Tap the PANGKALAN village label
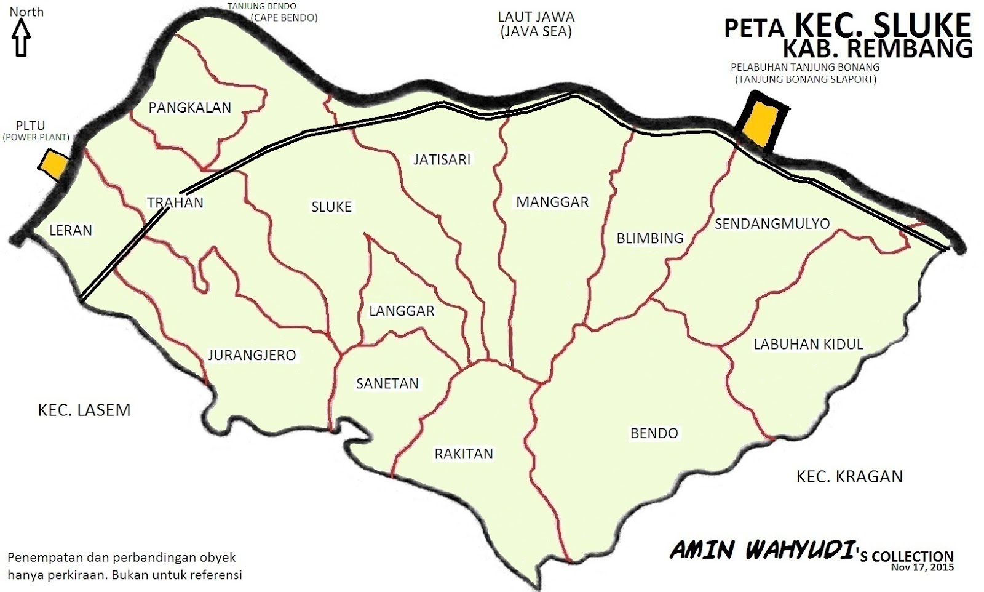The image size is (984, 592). [190, 108]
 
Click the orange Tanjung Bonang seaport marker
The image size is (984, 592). [759, 121]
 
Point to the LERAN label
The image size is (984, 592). [71, 231]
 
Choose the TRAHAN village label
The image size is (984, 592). [175, 202]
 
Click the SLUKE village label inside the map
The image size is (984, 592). [331, 207]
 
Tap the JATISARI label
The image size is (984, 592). [442, 160]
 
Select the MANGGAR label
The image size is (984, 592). [552, 202]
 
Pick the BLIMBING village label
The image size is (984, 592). [650, 238]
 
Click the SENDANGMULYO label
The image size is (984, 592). [772, 223]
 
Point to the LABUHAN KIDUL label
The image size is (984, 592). [808, 344]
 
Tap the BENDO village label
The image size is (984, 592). [654, 433]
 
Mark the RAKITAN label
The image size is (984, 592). [464, 454]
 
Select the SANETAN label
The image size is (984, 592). [387, 384]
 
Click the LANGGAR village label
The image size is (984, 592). [402, 311]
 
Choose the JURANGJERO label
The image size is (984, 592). [252, 355]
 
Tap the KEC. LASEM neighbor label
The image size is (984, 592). [84, 410]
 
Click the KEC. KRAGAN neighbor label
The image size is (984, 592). [849, 476]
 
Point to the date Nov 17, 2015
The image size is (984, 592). [922, 567]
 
